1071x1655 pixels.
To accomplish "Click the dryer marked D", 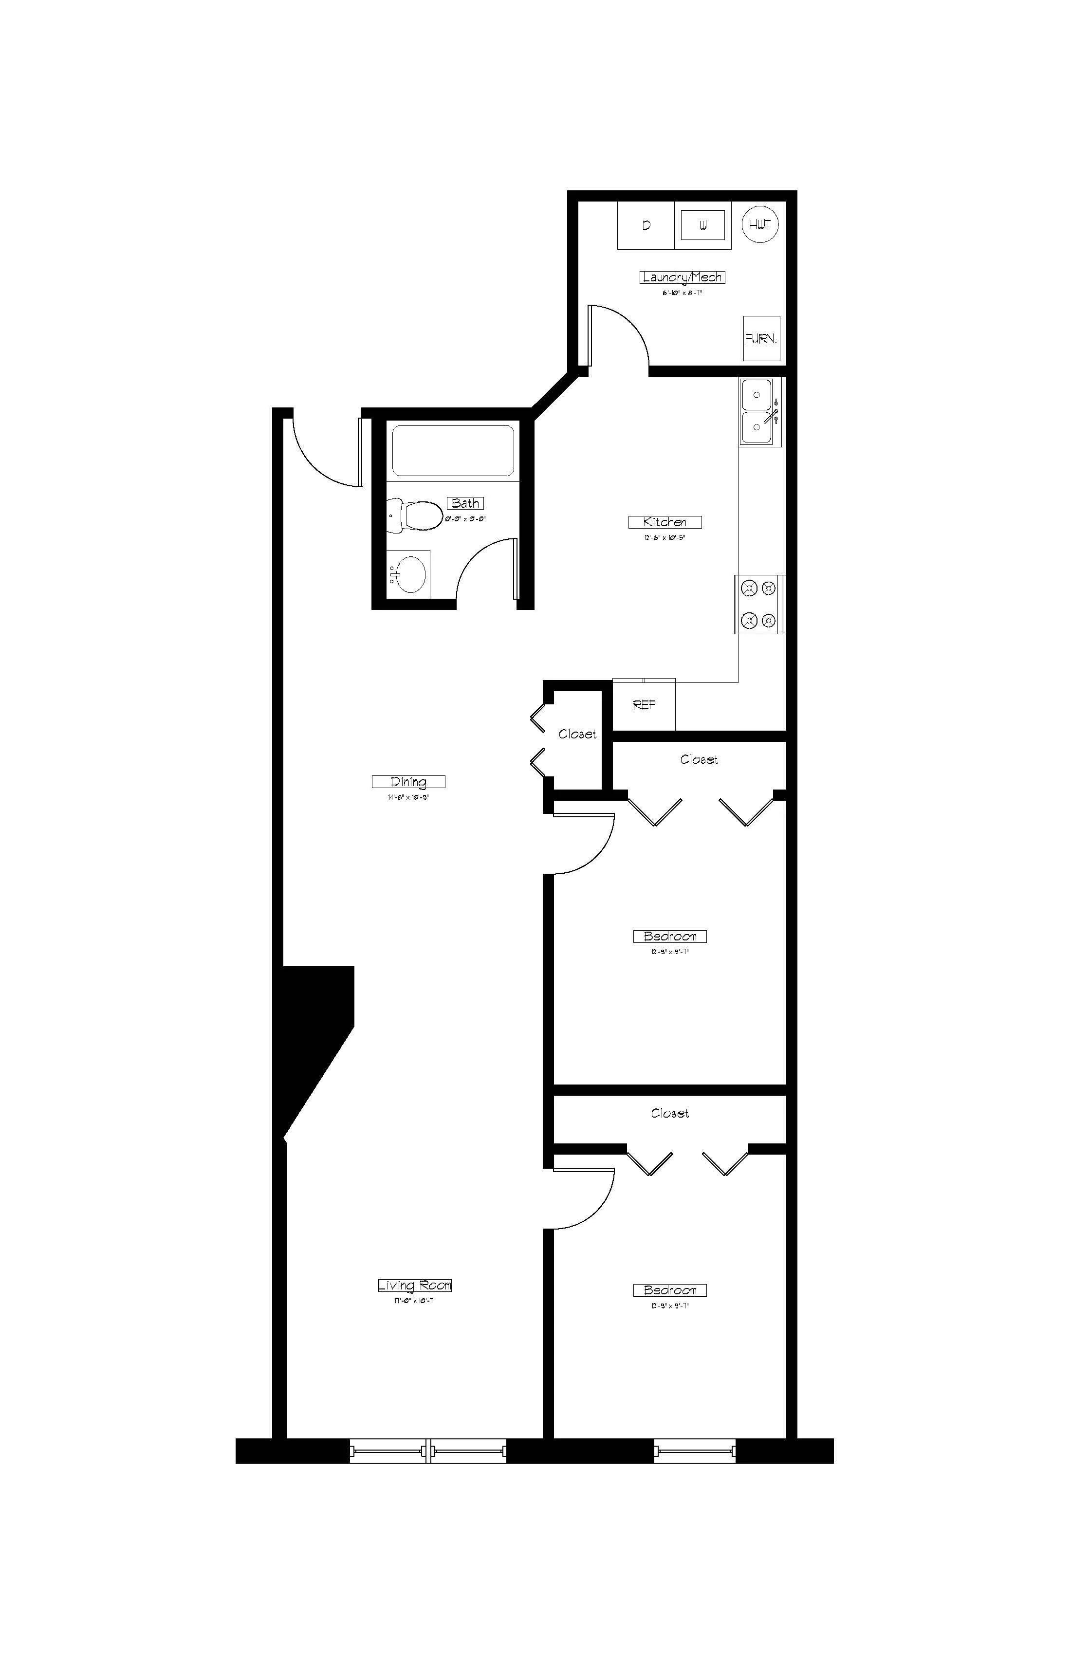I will [646, 225].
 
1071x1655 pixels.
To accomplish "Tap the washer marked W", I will [702, 225].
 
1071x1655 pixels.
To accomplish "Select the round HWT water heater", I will [760, 224].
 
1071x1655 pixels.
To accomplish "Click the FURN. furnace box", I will [761, 339].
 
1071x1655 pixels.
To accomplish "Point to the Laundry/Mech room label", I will [682, 277].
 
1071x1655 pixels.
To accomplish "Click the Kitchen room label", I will [665, 522].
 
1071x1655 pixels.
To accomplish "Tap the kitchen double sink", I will [758, 412].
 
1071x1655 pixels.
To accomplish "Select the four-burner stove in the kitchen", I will [759, 604].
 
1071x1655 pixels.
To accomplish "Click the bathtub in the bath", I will [453, 451].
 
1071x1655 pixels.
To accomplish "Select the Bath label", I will [465, 503].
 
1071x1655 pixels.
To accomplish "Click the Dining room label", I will [408, 782].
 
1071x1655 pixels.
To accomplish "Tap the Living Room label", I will [414, 1285].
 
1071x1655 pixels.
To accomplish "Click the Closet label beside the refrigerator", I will [577, 735].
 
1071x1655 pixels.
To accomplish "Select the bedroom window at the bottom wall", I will [694, 1451].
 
